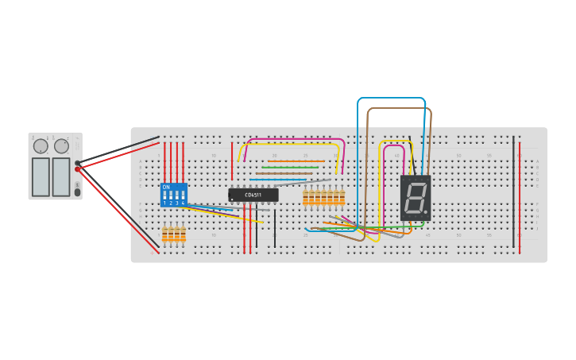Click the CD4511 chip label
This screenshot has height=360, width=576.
[x=253, y=195]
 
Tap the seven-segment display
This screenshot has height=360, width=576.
[x=416, y=198]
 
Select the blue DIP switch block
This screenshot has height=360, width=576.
[x=173, y=195]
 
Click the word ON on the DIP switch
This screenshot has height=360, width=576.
[x=166, y=187]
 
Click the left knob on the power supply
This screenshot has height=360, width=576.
[x=41, y=146]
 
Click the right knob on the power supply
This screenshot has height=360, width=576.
[x=61, y=146]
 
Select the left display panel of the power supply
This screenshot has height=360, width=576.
[x=40, y=176]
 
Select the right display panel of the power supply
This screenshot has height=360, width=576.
[x=61, y=176]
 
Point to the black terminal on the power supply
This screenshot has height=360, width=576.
[x=78, y=163]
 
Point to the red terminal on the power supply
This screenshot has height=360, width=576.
[x=78, y=169]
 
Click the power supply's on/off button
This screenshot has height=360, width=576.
[x=77, y=192]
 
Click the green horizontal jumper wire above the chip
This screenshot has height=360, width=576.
[x=290, y=168]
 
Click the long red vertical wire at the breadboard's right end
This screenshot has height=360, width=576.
[x=520, y=195]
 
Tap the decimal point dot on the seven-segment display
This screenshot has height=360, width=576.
[x=426, y=212]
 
